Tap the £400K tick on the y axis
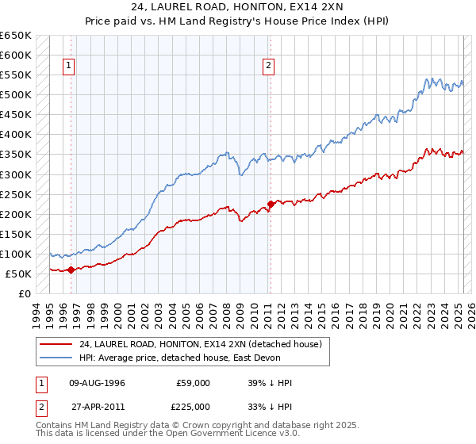pyautogui.click(x=15, y=134)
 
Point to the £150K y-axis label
pyautogui.click(x=15, y=234)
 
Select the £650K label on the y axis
pyautogui.click(x=15, y=36)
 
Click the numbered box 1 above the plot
pyautogui.click(x=70, y=67)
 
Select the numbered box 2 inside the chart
pyautogui.click(x=269, y=67)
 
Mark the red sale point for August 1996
pyautogui.click(x=71, y=270)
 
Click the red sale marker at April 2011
pyautogui.click(x=271, y=204)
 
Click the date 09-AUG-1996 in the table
pyautogui.click(x=98, y=383)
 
